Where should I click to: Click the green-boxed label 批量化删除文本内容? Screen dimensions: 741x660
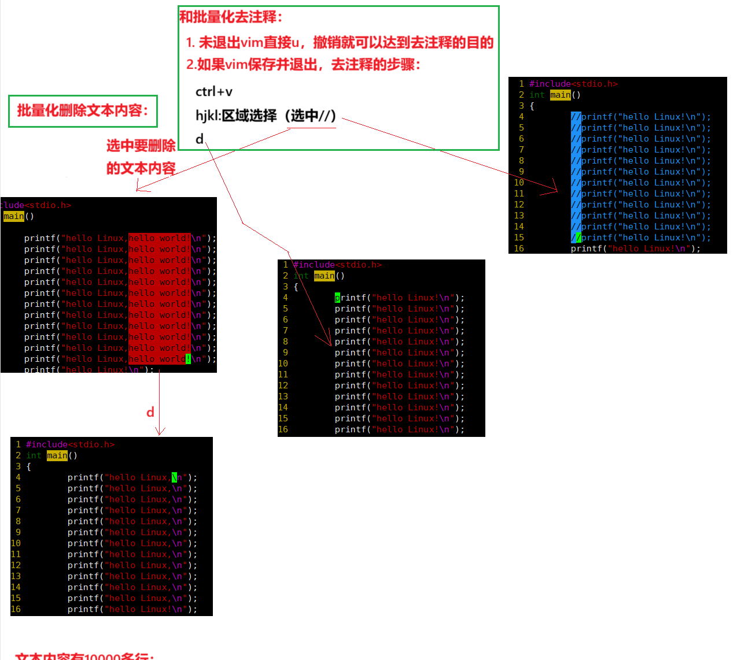83,110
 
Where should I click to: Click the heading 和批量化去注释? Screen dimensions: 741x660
231,17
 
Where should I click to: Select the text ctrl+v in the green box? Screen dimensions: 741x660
213,92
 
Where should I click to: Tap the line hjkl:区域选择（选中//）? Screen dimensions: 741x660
266,116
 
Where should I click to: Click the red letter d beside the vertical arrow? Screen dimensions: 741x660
150,412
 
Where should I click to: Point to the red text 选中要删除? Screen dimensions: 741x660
141,146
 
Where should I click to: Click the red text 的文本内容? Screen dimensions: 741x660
141,168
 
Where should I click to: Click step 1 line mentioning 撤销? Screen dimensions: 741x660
340,42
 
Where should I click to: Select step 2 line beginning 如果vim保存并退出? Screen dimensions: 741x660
303,64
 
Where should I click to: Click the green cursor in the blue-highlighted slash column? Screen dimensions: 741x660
578,238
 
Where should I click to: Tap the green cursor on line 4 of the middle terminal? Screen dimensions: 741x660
337,298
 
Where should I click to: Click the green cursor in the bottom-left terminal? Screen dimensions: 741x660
175,477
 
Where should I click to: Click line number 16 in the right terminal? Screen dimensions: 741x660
519,249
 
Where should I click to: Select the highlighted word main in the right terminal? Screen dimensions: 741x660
560,95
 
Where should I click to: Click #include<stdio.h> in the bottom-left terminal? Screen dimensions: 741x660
70,444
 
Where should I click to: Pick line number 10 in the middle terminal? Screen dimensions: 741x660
283,364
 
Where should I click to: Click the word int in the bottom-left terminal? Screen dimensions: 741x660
34,455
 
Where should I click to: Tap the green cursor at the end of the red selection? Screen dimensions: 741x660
188,359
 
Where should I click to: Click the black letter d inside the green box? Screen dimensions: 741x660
200,139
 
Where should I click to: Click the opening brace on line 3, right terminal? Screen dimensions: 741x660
532,106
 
